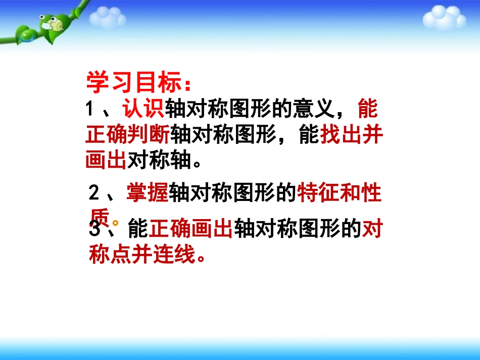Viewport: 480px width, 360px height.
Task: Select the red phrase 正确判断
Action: [128, 135]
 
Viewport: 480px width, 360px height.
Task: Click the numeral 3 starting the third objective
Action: [94, 230]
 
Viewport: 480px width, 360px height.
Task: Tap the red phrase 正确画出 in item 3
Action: [190, 230]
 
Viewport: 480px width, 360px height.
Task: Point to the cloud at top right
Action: [443, 18]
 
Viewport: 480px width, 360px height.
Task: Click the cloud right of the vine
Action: [107, 18]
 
